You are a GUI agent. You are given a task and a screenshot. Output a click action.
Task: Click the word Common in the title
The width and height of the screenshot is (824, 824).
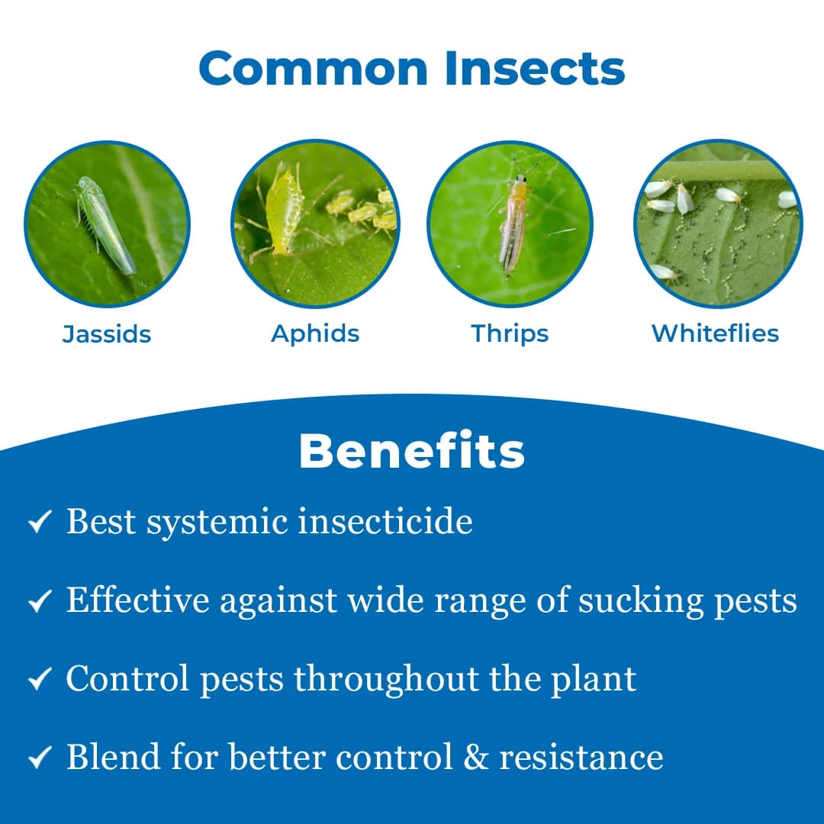point(315,69)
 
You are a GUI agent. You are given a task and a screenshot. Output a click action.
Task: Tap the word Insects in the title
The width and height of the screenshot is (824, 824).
point(535,69)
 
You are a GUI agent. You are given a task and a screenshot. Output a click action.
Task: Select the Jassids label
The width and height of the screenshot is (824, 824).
point(107,334)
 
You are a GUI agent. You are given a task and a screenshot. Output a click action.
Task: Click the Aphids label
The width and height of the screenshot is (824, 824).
point(315,333)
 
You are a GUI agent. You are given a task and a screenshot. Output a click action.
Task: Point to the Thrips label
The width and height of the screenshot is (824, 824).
point(510,333)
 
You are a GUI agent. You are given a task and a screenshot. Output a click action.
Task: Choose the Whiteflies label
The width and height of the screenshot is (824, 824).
point(715,333)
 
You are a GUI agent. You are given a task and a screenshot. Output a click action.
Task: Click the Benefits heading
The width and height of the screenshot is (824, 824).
point(412,451)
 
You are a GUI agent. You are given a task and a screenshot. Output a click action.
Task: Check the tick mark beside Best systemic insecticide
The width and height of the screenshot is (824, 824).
point(39,523)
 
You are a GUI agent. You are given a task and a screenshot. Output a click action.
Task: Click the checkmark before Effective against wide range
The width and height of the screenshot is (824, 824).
point(39,601)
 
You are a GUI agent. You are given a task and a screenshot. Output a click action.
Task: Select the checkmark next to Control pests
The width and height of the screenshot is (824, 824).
point(39,680)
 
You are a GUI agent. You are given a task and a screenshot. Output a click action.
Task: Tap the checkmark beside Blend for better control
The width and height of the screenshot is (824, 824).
point(39,758)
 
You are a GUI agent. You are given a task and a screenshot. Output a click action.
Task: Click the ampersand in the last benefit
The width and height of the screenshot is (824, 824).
point(480,757)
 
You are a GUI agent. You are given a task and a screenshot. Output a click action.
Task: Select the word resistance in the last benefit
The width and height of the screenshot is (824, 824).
point(581,757)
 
